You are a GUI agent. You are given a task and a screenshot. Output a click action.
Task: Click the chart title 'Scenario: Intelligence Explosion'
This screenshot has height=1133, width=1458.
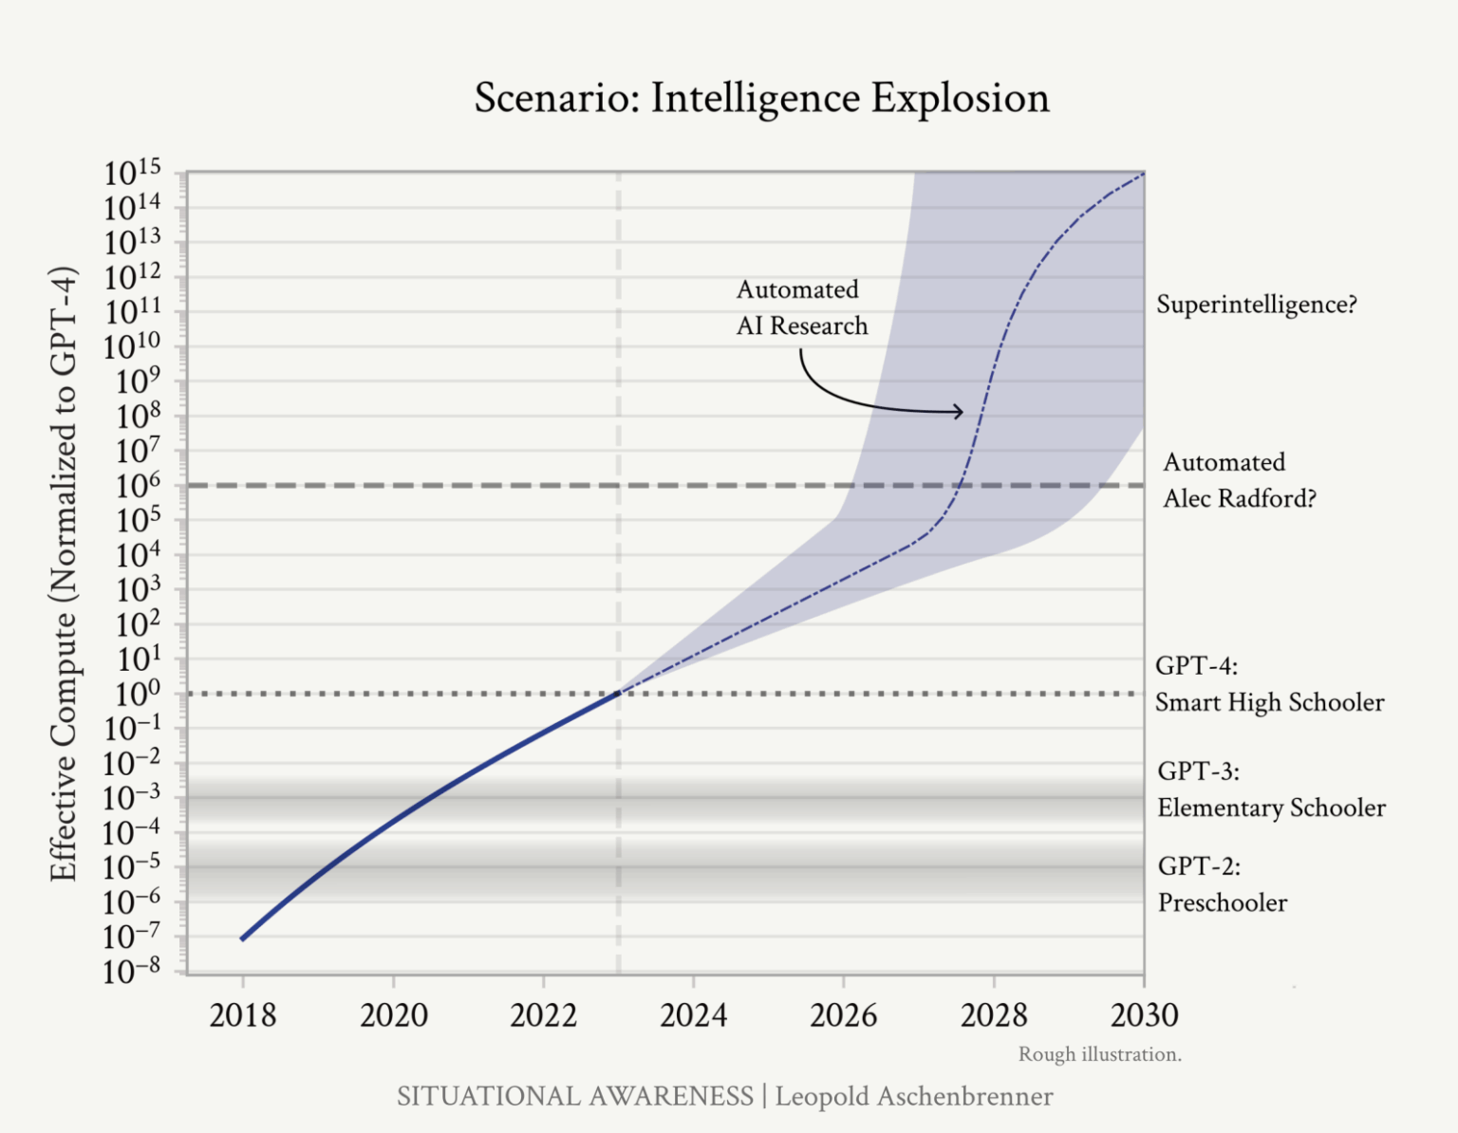[761, 99]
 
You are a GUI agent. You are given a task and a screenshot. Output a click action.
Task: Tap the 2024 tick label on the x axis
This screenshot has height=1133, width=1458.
[693, 1015]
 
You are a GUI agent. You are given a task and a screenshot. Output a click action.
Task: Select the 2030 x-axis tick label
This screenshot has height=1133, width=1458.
[1144, 1015]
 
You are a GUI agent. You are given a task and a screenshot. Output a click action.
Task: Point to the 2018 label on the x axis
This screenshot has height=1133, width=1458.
[242, 1015]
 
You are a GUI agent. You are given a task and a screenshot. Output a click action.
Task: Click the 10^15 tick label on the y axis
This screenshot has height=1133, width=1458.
[133, 174]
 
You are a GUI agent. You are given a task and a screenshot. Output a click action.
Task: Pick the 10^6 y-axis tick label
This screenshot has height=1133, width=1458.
[133, 487]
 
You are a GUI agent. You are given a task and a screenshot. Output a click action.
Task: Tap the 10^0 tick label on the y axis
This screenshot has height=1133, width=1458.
[133, 695]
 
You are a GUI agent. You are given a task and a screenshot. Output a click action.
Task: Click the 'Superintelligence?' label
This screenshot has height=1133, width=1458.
[1257, 305]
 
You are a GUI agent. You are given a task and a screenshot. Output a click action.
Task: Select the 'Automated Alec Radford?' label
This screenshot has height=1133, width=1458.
[1239, 480]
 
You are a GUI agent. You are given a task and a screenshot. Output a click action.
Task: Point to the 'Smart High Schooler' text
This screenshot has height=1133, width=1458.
[1269, 702]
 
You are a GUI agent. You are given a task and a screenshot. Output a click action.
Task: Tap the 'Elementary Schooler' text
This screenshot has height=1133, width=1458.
[1271, 808]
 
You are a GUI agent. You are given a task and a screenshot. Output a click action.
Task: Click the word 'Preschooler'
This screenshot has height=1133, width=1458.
[1223, 902]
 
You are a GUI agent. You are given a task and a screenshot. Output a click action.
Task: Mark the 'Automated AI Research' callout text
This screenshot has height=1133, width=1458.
[801, 307]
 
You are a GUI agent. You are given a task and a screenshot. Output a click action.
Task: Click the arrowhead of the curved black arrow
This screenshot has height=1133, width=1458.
[960, 411]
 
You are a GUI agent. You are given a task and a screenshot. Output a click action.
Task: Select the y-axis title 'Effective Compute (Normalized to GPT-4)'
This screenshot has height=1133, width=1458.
[63, 573]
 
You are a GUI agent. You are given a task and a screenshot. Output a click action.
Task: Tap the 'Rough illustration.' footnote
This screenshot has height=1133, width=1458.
[1099, 1054]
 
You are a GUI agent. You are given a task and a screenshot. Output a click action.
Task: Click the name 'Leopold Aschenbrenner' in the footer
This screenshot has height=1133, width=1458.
[913, 1096]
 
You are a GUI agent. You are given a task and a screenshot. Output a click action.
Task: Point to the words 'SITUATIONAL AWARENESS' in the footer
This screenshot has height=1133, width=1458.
[574, 1096]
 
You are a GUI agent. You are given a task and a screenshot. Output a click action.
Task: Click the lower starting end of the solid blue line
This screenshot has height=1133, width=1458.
[243, 938]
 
